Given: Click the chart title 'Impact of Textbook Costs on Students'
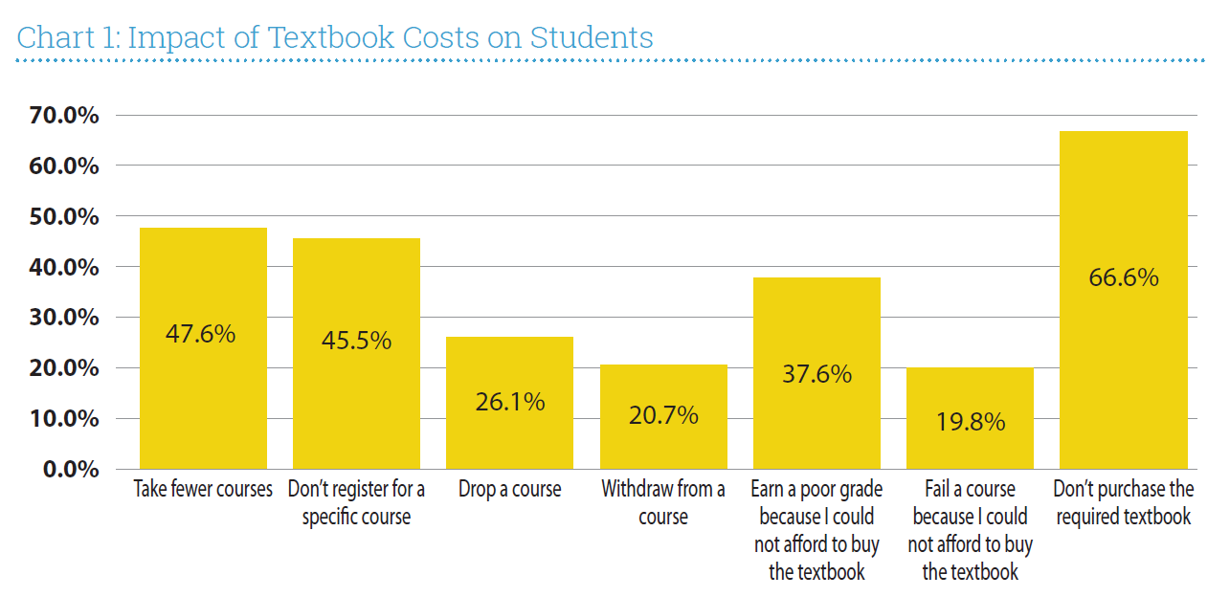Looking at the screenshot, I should pos(335,38).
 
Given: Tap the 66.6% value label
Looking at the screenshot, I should pos(1123,277).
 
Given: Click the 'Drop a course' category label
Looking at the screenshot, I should pos(510,490).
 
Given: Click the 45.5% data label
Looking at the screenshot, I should pos(356,341).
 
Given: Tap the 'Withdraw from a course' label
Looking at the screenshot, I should pos(663,502).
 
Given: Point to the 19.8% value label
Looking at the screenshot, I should pos(970,422).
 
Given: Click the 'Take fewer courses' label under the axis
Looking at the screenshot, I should pos(203,490).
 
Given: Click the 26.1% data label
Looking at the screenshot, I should pos(510,402).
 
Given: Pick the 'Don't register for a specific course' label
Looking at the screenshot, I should pos(356,502).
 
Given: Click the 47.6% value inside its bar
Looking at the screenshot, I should pos(200,334).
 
